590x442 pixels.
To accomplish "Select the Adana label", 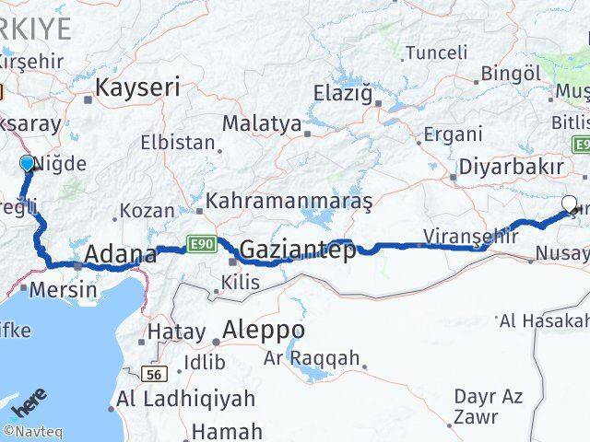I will tap(120, 254).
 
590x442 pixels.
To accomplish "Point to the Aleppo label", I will tap(264, 330).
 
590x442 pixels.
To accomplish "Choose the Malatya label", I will tap(263, 123).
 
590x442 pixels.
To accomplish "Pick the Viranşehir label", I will tap(465, 236).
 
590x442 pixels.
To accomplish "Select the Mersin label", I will tap(63, 289).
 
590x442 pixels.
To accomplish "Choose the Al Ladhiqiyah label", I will tap(173, 399).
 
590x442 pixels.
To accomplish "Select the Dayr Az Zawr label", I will tap(489, 406).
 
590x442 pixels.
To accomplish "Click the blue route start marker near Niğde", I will tap(27, 164).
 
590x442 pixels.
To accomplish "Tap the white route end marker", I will tap(569, 204).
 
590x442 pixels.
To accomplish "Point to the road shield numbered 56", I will tap(155, 375).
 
